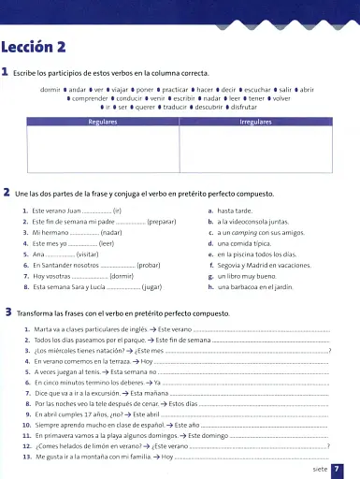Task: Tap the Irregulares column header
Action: tap(255, 122)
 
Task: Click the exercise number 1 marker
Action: tap(6, 73)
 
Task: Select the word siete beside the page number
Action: tap(319, 469)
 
